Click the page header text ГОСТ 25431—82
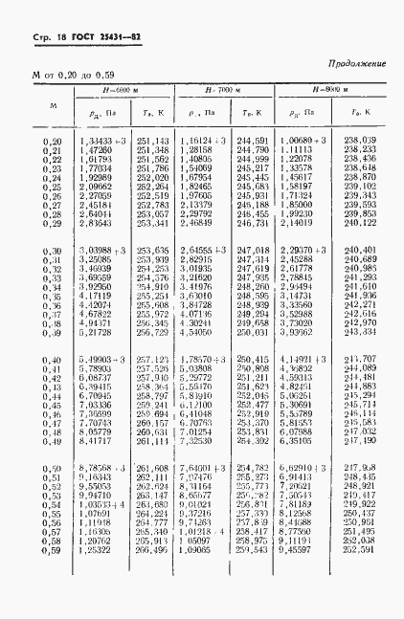coord(85,37)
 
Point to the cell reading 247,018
coord(253,250)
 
